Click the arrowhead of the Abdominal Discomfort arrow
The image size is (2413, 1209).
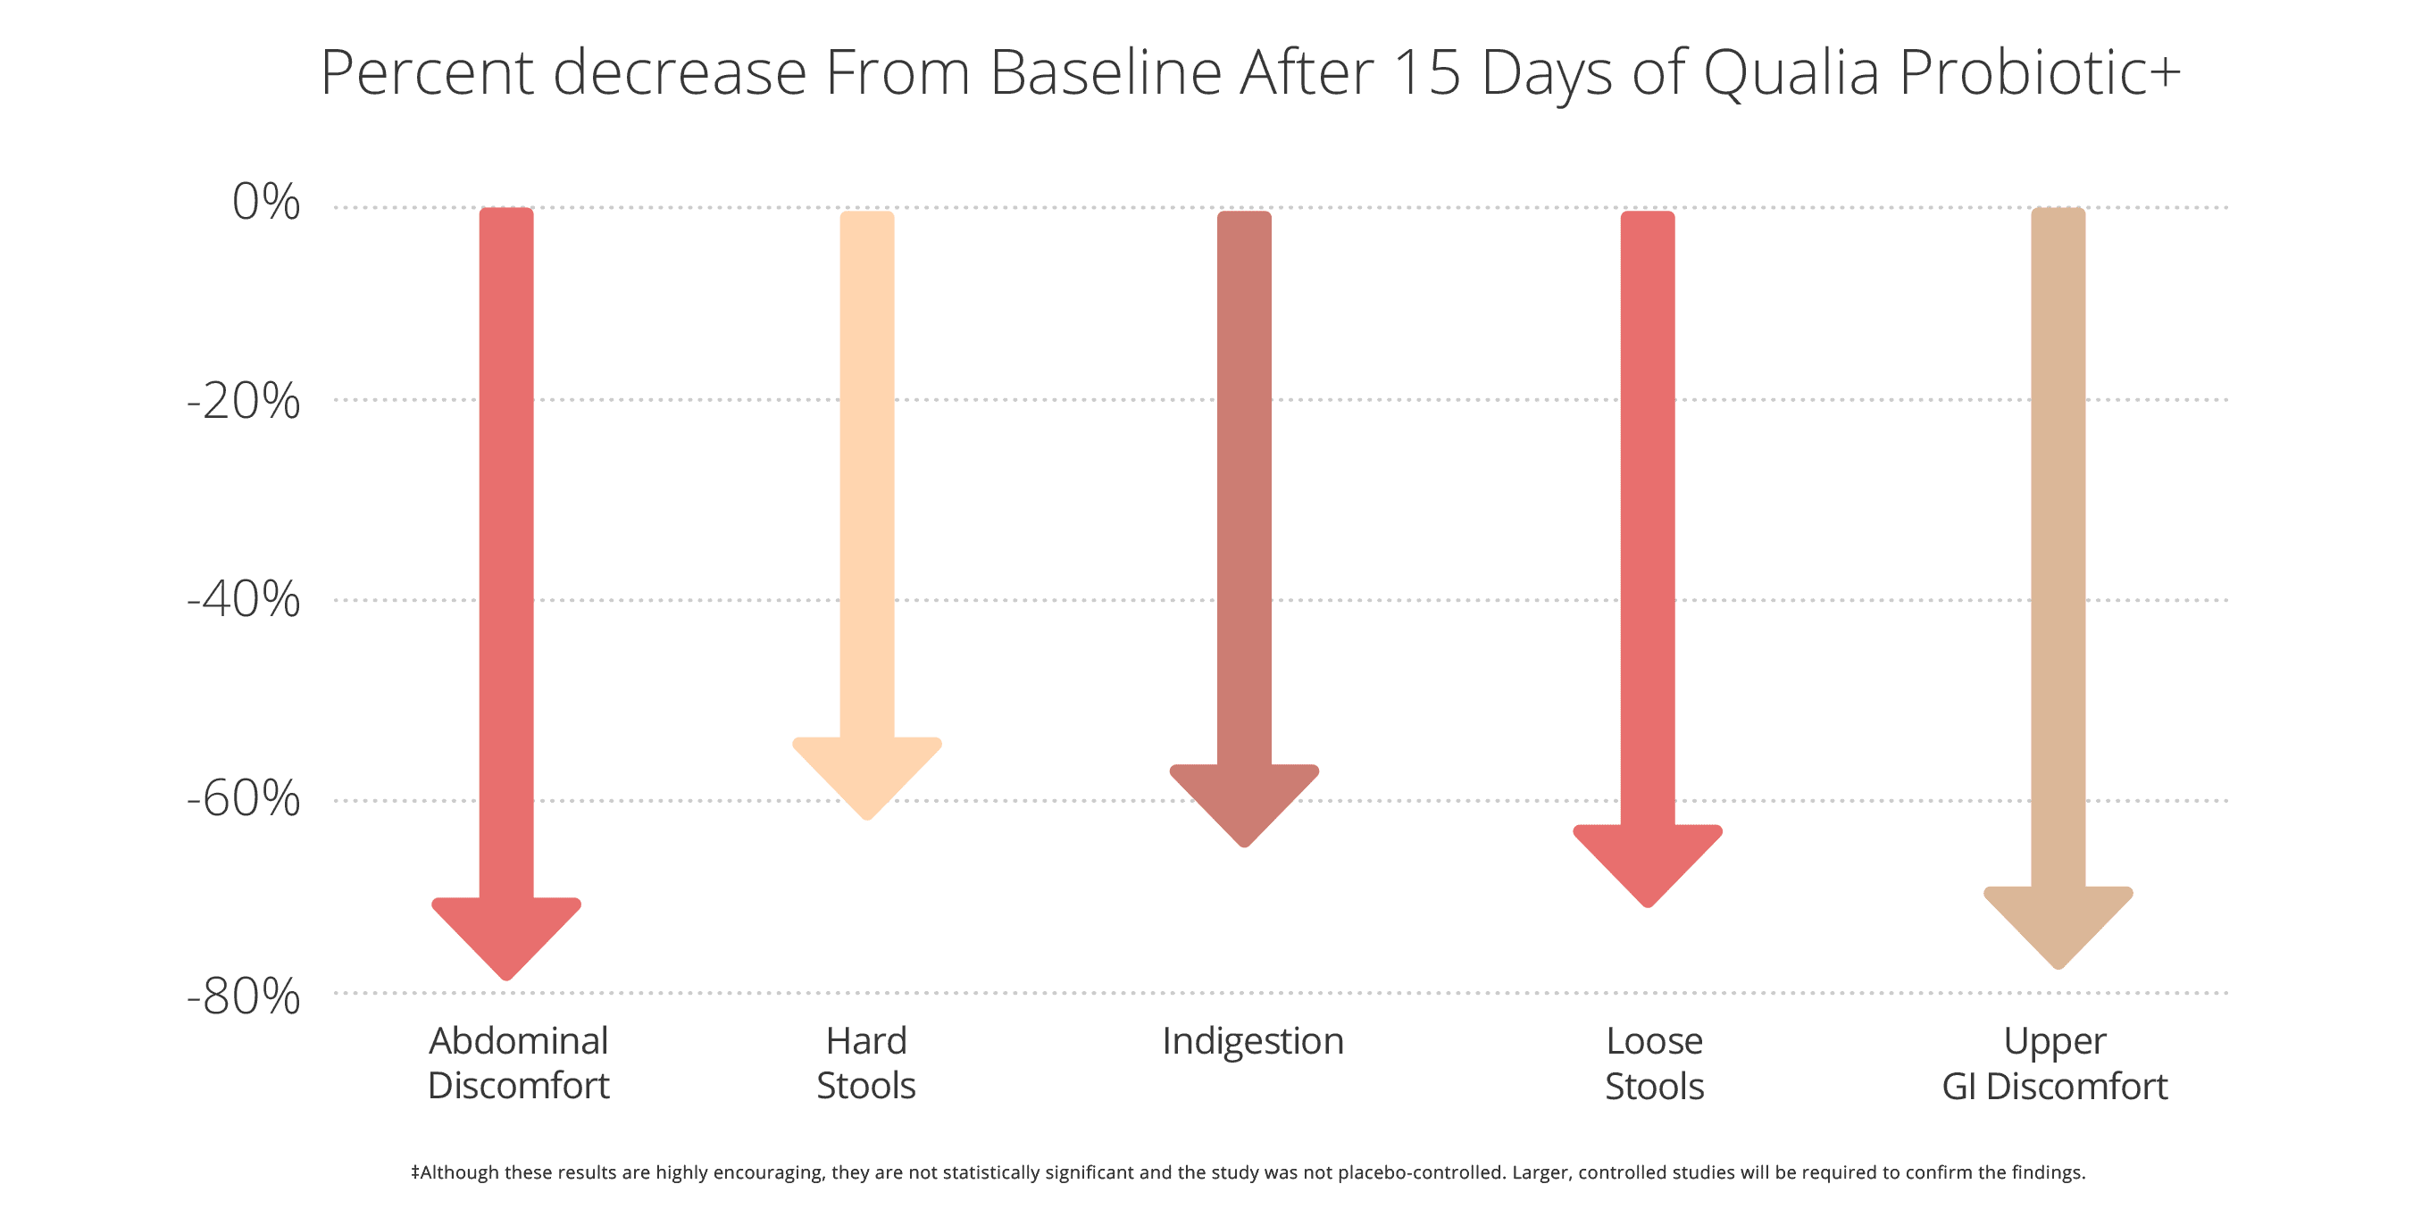pyautogui.click(x=505, y=937)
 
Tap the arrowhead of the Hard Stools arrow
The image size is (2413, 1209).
pyautogui.click(x=866, y=775)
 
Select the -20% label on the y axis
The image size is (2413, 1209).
pyautogui.click(x=244, y=401)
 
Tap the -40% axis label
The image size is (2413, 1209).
pyautogui.click(x=244, y=599)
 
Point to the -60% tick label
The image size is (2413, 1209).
pyautogui.click(x=244, y=799)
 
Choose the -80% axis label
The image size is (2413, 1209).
pyautogui.click(x=244, y=996)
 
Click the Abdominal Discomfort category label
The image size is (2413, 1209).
pyautogui.click(x=518, y=1063)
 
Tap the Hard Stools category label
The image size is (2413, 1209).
pyautogui.click(x=865, y=1063)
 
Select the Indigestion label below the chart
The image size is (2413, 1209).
pyautogui.click(x=1252, y=1041)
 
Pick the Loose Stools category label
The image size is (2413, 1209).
pyautogui.click(x=1654, y=1063)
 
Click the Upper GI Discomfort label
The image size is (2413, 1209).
pyautogui.click(x=2054, y=1063)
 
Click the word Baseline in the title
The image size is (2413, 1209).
pyautogui.click(x=1106, y=72)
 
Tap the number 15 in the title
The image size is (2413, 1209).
pyautogui.click(x=1426, y=72)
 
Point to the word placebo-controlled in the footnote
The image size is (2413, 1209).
pyautogui.click(x=1420, y=1172)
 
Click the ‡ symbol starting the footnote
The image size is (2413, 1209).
pyautogui.click(x=415, y=1172)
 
